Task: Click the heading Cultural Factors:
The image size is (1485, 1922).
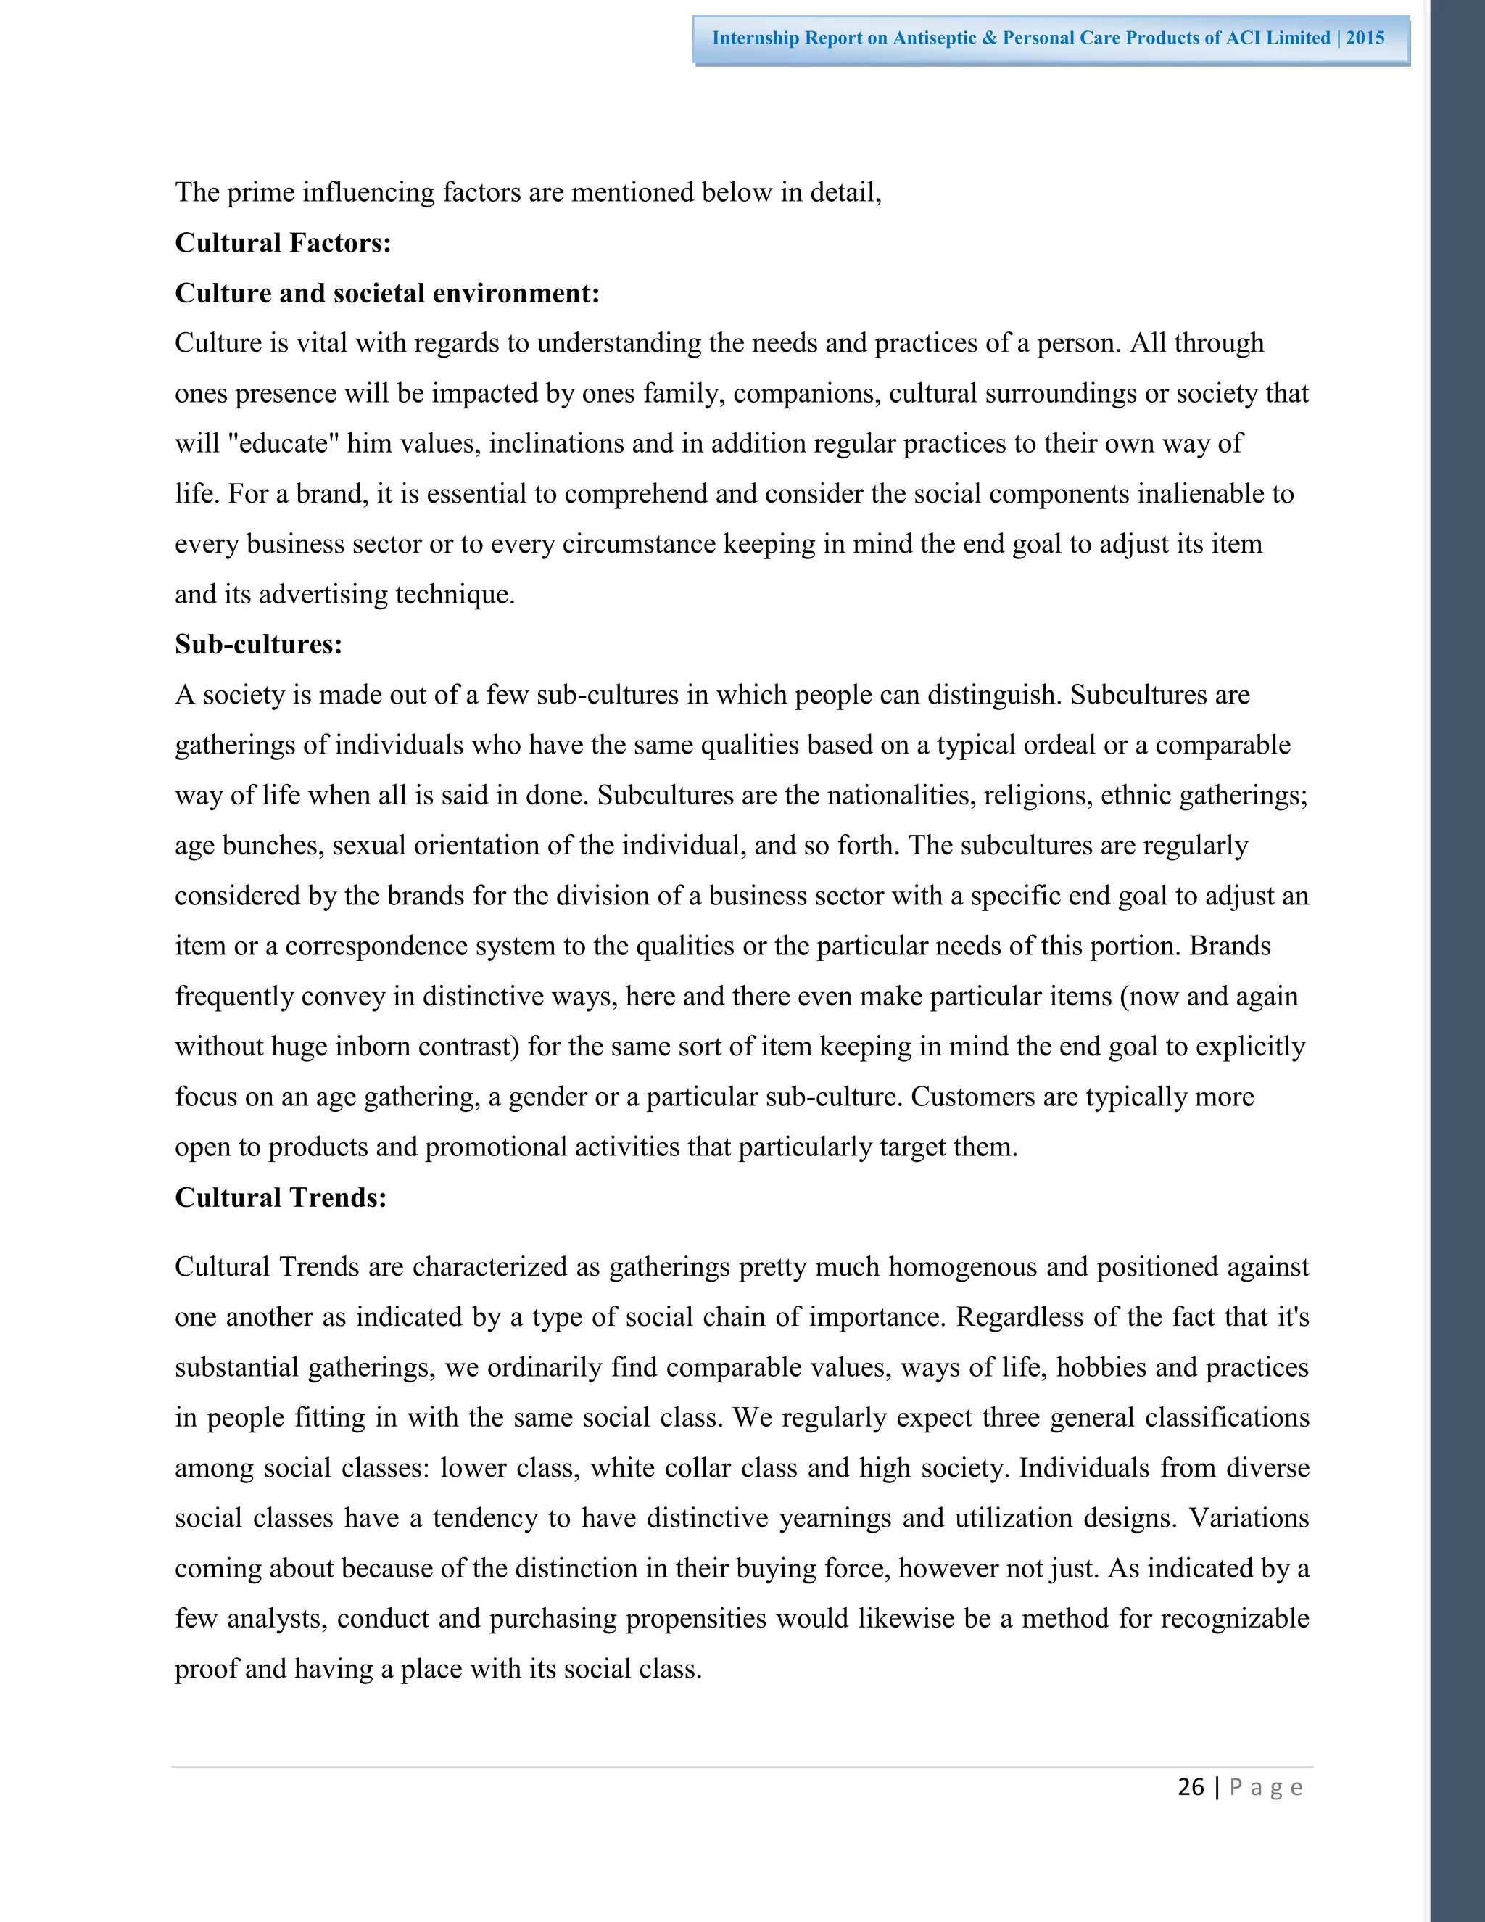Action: (282, 243)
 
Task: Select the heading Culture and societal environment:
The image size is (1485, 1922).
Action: (387, 293)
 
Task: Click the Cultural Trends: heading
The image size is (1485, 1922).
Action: (281, 1197)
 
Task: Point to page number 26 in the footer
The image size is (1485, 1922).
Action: (1191, 1786)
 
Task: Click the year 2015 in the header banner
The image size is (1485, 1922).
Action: (1365, 38)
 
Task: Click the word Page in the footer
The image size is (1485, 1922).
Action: (1265, 1787)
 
